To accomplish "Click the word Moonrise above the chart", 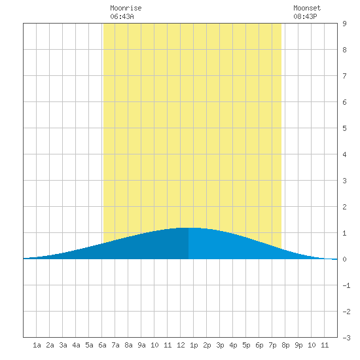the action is tap(126, 8).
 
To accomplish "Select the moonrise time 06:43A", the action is tap(122, 16).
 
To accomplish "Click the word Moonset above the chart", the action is tap(307, 8).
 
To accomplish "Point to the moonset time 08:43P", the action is tap(305, 16).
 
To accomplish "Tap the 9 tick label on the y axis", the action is tap(344, 24).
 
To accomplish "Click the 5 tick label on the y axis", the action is tap(344, 128).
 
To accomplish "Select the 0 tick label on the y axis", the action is tap(344, 259).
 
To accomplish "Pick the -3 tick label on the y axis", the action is tap(346, 338).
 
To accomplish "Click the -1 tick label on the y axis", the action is tap(346, 285).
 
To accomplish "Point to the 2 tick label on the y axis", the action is tap(344, 207).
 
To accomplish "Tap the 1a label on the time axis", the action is tap(37, 345).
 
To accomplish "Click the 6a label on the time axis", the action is tap(102, 345).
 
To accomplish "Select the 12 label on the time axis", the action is tap(181, 345).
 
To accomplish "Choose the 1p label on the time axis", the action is tap(194, 345).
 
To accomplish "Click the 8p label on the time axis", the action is tap(285, 345).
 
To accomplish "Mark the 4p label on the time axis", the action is tap(233, 345).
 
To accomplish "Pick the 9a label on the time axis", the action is tap(141, 345).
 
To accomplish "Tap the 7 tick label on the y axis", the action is tap(344, 76).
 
